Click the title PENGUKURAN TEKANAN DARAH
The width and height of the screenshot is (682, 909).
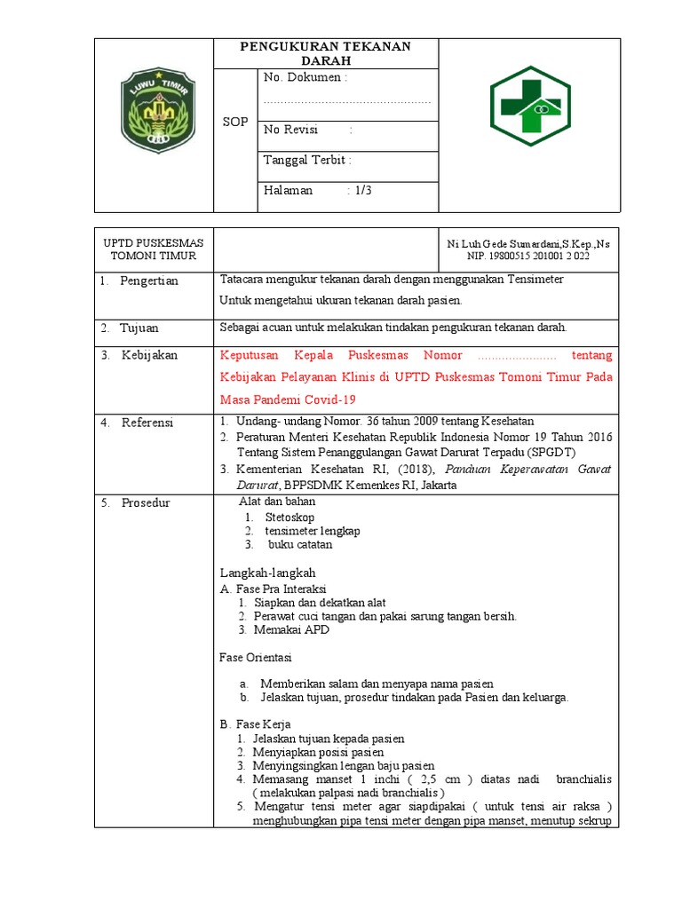[326, 53]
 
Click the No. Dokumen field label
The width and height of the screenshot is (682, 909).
[305, 78]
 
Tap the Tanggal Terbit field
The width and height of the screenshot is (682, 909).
[307, 160]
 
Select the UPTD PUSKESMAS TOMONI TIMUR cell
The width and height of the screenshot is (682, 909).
[154, 249]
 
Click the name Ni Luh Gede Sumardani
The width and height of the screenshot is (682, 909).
[504, 243]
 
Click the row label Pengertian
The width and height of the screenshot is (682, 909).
[149, 281]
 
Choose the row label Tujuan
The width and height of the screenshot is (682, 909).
[141, 328]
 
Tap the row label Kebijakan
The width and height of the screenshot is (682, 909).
[149, 355]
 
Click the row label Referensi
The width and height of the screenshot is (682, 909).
[147, 422]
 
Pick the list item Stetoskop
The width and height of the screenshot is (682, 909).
[289, 517]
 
